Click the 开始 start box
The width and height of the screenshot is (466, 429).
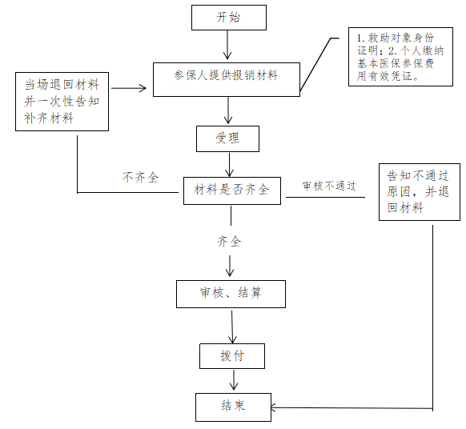click(x=229, y=18)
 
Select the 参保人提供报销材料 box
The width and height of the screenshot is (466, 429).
click(x=227, y=79)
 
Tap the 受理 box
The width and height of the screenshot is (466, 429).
click(x=227, y=138)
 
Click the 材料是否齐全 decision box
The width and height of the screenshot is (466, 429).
click(x=232, y=190)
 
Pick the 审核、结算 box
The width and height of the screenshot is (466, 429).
click(x=231, y=294)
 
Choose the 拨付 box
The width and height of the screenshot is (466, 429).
click(x=232, y=356)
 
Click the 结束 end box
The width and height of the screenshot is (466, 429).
click(x=233, y=407)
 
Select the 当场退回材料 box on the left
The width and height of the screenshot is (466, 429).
click(x=62, y=102)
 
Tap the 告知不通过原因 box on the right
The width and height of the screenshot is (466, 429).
click(x=420, y=192)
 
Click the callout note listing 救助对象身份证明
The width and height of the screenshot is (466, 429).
click(x=400, y=57)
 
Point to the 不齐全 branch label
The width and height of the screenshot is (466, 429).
click(x=140, y=178)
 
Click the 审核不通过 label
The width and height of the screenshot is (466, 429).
click(x=329, y=186)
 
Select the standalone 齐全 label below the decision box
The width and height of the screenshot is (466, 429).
click(x=229, y=241)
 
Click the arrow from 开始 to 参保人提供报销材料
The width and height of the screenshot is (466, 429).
click(x=227, y=45)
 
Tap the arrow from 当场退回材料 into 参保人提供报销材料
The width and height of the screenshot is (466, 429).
click(x=129, y=88)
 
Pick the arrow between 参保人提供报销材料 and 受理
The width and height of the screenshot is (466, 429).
click(x=228, y=110)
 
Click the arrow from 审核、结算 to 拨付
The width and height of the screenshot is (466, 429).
click(x=232, y=326)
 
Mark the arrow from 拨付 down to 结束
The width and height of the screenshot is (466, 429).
click(x=234, y=380)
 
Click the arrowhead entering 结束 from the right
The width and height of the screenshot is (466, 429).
click(x=273, y=407)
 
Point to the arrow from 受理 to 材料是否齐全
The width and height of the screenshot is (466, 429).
click(x=229, y=165)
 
